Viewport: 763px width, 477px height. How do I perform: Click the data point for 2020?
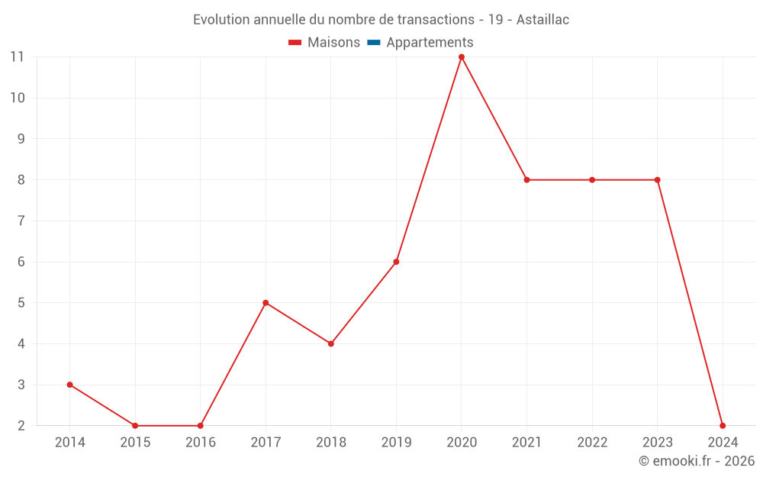[x=462, y=56]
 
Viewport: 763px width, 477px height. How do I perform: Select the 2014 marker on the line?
[x=70, y=385]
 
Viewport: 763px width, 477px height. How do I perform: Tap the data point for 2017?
[x=266, y=303]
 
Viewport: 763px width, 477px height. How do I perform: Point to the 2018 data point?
[x=331, y=343]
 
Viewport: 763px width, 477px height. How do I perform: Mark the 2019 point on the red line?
[x=396, y=262]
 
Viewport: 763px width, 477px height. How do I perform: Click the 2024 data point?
[x=723, y=426]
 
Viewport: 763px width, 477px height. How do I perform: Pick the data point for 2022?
[x=592, y=180]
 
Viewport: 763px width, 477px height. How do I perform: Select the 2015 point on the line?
[x=135, y=426]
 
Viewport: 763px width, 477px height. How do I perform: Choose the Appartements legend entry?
[x=430, y=43]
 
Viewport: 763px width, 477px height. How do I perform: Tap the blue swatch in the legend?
[x=374, y=43]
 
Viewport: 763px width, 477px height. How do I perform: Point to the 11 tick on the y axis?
[x=17, y=56]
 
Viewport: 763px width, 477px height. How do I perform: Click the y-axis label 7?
[x=21, y=221]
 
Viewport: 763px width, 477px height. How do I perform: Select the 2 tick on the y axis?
[x=21, y=426]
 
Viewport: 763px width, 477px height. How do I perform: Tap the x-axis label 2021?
[x=526, y=443]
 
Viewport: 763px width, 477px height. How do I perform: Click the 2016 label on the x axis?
[x=201, y=443]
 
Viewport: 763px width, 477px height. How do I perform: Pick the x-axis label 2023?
[x=657, y=443]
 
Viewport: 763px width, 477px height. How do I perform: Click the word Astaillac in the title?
[x=542, y=20]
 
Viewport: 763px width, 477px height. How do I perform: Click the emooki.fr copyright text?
[x=697, y=461]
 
